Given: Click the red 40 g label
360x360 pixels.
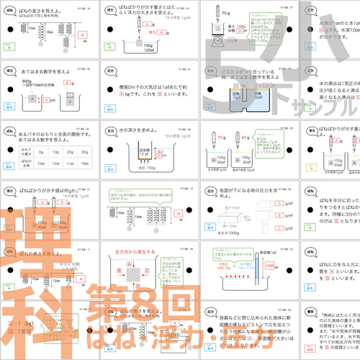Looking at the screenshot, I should click(246, 136).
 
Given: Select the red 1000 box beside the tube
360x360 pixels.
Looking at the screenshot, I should click(269, 264).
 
